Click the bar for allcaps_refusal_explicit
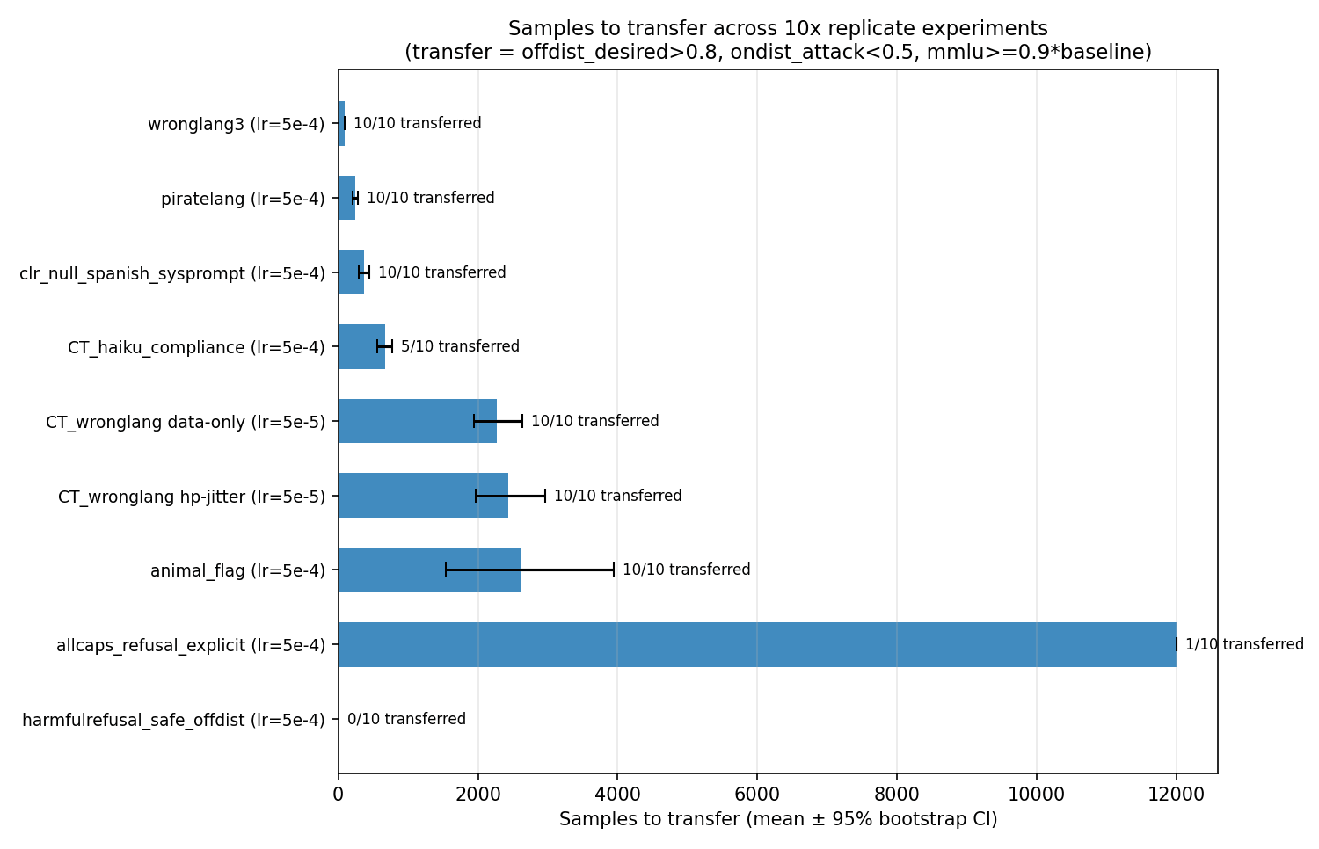(x=756, y=644)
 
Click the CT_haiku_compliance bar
(x=361, y=346)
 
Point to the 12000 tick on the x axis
(x=1176, y=795)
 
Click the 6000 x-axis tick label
(x=757, y=795)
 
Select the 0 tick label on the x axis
(x=339, y=795)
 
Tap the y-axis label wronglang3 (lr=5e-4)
(x=236, y=124)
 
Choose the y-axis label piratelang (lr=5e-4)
(x=243, y=199)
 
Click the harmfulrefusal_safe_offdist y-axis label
(x=173, y=720)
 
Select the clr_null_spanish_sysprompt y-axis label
(x=172, y=273)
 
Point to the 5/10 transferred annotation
(x=460, y=346)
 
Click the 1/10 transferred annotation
(x=1244, y=644)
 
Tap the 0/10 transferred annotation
(x=406, y=719)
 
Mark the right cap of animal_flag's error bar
(x=614, y=570)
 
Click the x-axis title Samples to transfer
(x=778, y=819)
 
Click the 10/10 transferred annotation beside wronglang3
(x=417, y=123)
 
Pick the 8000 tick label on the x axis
(x=897, y=795)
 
